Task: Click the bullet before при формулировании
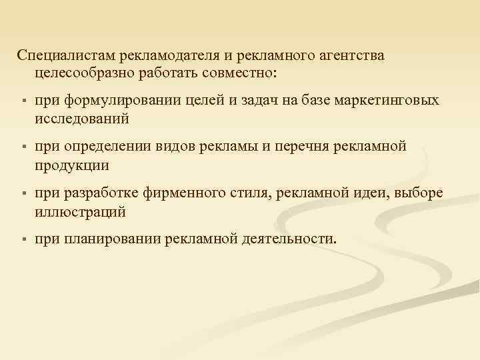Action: pos(23,101)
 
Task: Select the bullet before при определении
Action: pos(23,147)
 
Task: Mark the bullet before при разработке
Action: pos(23,194)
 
